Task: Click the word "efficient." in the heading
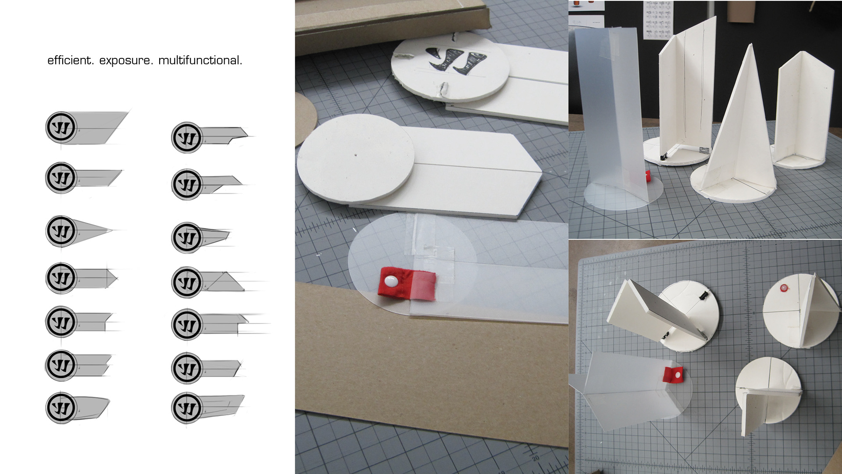(x=70, y=60)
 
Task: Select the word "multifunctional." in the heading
(x=200, y=60)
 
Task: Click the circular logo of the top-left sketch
(x=61, y=127)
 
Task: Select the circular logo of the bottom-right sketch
(x=187, y=408)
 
